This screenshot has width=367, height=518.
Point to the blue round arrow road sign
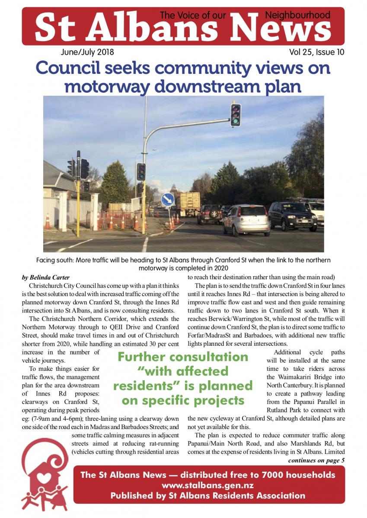[168, 199]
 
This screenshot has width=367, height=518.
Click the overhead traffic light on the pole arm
[235, 115]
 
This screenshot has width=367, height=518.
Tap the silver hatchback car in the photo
[246, 219]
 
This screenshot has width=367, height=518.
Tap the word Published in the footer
[132, 496]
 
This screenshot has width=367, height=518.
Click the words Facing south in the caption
[54, 260]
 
